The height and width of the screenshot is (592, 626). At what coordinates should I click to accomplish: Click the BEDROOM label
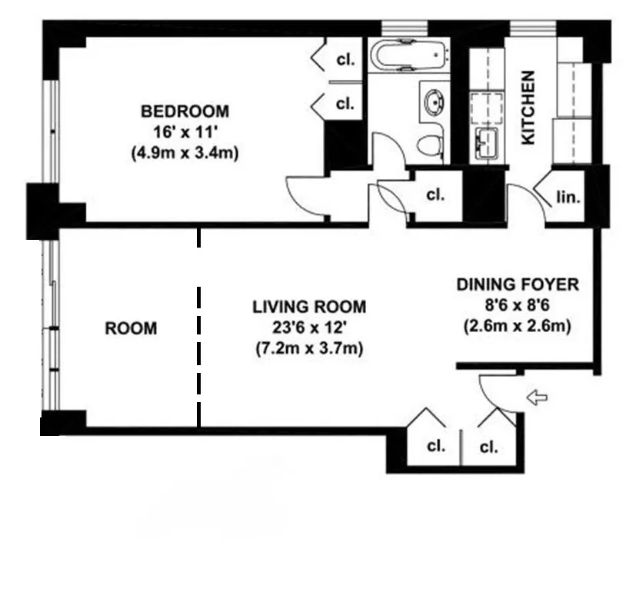[x=185, y=111]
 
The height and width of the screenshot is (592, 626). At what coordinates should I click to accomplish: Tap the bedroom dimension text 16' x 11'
[x=185, y=131]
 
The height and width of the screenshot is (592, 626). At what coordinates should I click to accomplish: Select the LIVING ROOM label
[x=309, y=307]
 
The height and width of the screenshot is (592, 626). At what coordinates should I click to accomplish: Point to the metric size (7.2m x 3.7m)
[x=309, y=348]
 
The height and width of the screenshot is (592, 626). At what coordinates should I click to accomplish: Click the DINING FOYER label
[x=517, y=284]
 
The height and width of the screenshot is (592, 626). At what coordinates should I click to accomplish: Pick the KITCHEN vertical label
[x=528, y=108]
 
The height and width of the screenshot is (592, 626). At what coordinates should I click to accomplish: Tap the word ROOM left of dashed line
[x=131, y=328]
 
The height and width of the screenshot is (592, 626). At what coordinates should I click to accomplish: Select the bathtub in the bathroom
[x=408, y=56]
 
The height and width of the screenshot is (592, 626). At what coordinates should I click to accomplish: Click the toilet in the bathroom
[x=431, y=144]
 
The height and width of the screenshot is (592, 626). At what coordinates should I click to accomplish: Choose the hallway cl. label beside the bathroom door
[x=435, y=195]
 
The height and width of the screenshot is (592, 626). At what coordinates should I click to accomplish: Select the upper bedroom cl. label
[x=345, y=59]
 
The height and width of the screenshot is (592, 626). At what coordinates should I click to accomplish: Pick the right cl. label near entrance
[x=488, y=447]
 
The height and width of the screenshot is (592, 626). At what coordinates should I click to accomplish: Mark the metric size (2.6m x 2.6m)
[x=517, y=326]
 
